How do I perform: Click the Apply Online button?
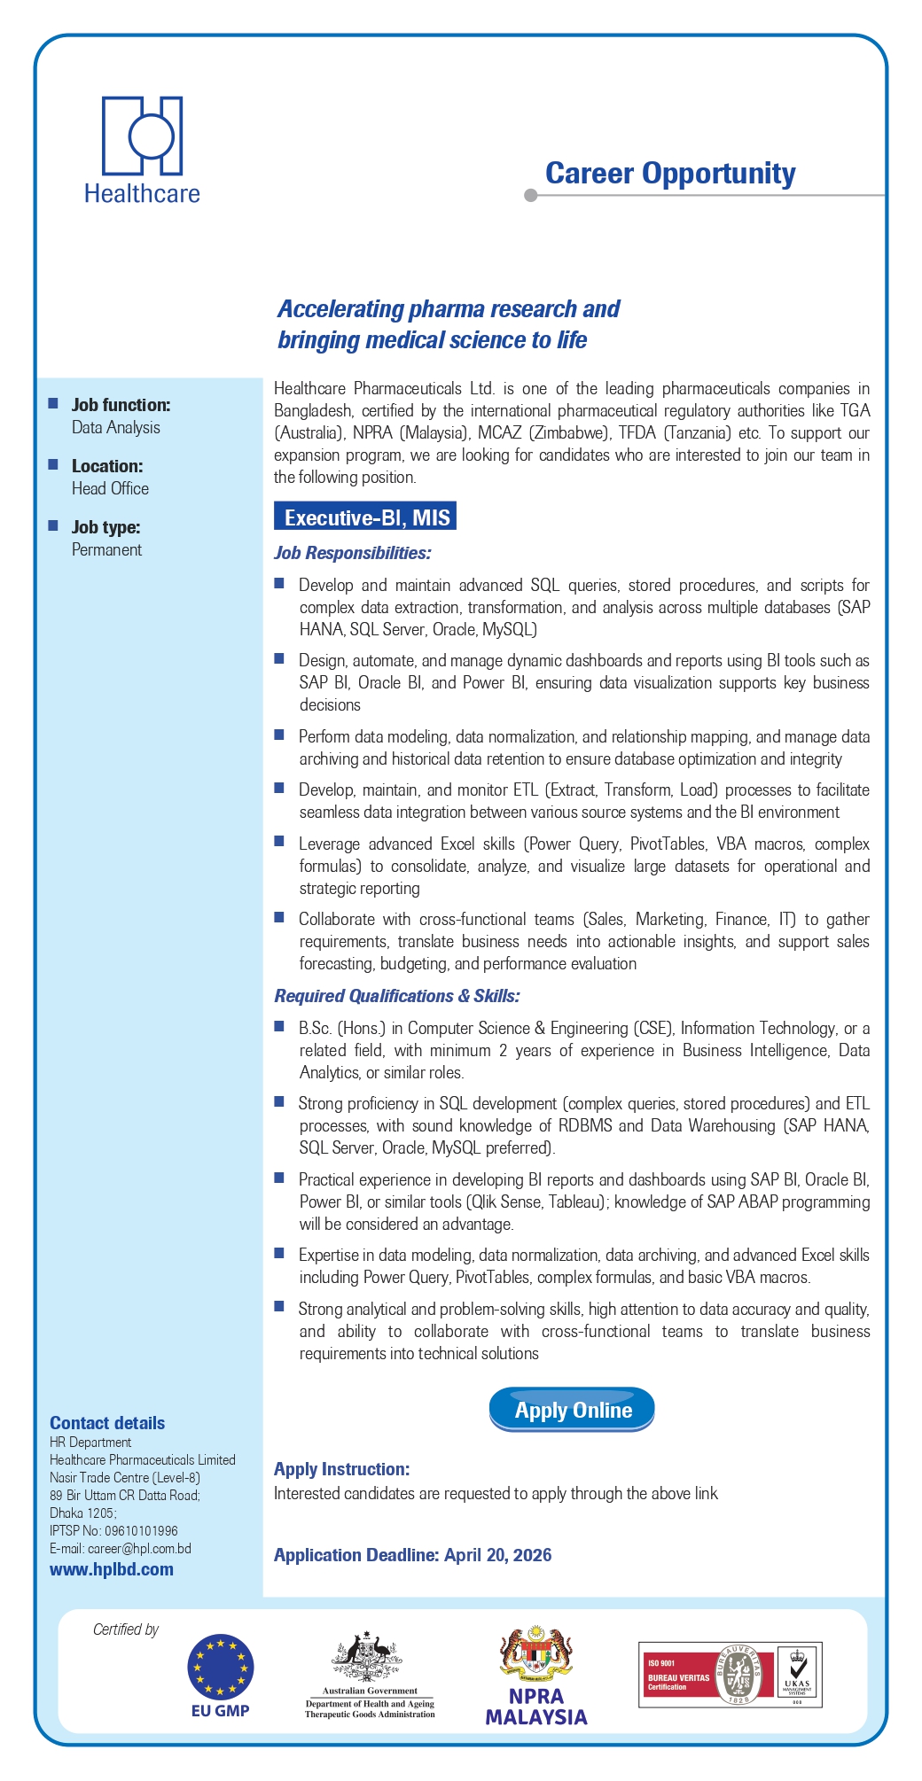(572, 1410)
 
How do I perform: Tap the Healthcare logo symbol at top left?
(143, 136)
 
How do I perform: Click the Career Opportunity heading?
(670, 174)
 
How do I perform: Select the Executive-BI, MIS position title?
(365, 517)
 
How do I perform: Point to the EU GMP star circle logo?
(221, 1667)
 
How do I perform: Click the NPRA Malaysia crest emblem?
(536, 1654)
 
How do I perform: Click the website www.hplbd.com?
(112, 1569)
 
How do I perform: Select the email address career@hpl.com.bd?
(139, 1549)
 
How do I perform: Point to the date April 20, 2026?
(498, 1555)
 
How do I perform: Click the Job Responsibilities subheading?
(352, 553)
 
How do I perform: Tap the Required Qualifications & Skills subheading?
(396, 996)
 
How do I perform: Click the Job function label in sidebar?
(121, 405)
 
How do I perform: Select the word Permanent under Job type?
(106, 549)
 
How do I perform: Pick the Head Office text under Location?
(110, 488)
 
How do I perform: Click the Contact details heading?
(107, 1423)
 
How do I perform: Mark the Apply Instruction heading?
(341, 1469)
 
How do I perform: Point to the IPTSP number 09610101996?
(141, 1531)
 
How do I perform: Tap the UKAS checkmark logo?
(798, 1674)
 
